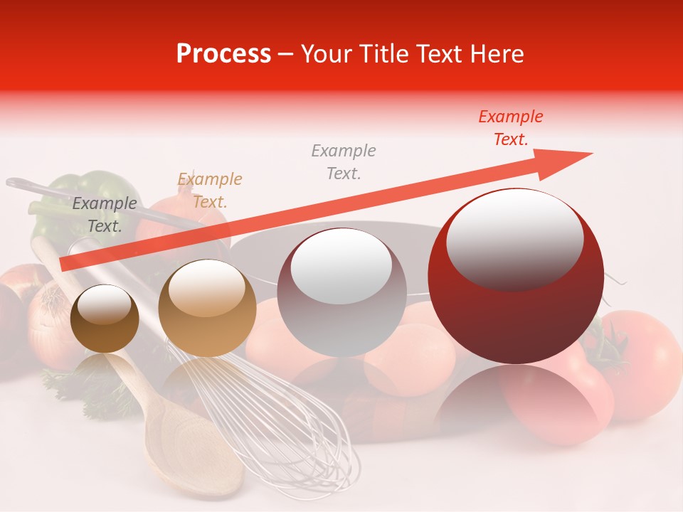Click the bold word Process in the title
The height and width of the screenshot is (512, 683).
tap(223, 54)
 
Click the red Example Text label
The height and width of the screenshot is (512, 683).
tap(510, 128)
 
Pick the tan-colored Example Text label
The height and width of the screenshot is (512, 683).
tap(209, 191)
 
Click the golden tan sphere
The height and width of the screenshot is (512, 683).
tap(207, 309)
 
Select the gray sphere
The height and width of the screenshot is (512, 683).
tap(341, 293)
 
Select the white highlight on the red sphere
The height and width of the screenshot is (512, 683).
tap(514, 239)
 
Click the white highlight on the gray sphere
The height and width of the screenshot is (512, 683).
tap(341, 266)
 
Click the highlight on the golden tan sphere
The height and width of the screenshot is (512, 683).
tap(206, 287)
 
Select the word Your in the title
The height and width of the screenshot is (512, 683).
tap(324, 54)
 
